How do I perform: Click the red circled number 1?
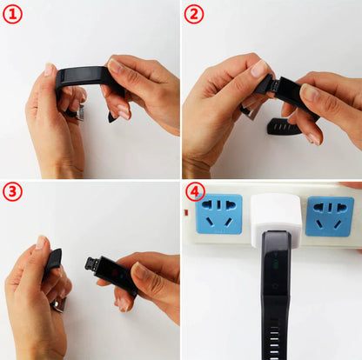pos(12,15)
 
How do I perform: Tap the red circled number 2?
pos(194,15)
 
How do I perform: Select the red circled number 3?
pos(12,191)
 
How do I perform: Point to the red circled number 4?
pos(195,191)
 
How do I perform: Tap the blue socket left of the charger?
pos(219,214)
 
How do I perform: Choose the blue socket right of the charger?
pos(330,217)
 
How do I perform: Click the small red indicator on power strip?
pos(185,213)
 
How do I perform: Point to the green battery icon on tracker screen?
pos(275,264)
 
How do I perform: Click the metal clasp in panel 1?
pos(78,113)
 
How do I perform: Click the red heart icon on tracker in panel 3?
pos(115,273)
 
